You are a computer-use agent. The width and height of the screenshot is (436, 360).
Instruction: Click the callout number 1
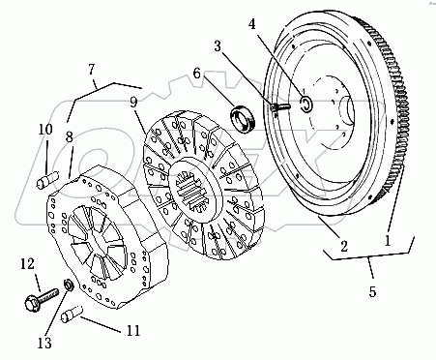[x=388, y=240]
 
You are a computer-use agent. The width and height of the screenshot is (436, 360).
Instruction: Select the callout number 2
[x=344, y=247]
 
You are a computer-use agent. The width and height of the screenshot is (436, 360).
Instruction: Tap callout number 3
[x=218, y=46]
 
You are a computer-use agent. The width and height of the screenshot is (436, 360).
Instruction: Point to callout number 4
[x=252, y=24]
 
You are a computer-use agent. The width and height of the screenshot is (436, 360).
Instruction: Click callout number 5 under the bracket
[x=372, y=291]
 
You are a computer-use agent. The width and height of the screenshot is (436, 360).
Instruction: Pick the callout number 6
[x=197, y=74]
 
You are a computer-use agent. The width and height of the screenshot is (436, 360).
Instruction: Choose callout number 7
[x=92, y=69]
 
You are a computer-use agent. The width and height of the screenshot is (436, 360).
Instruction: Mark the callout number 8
[x=70, y=136]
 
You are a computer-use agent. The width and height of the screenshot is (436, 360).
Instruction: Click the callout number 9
[x=134, y=102]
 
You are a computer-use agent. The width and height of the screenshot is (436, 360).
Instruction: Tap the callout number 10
[x=45, y=130]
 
